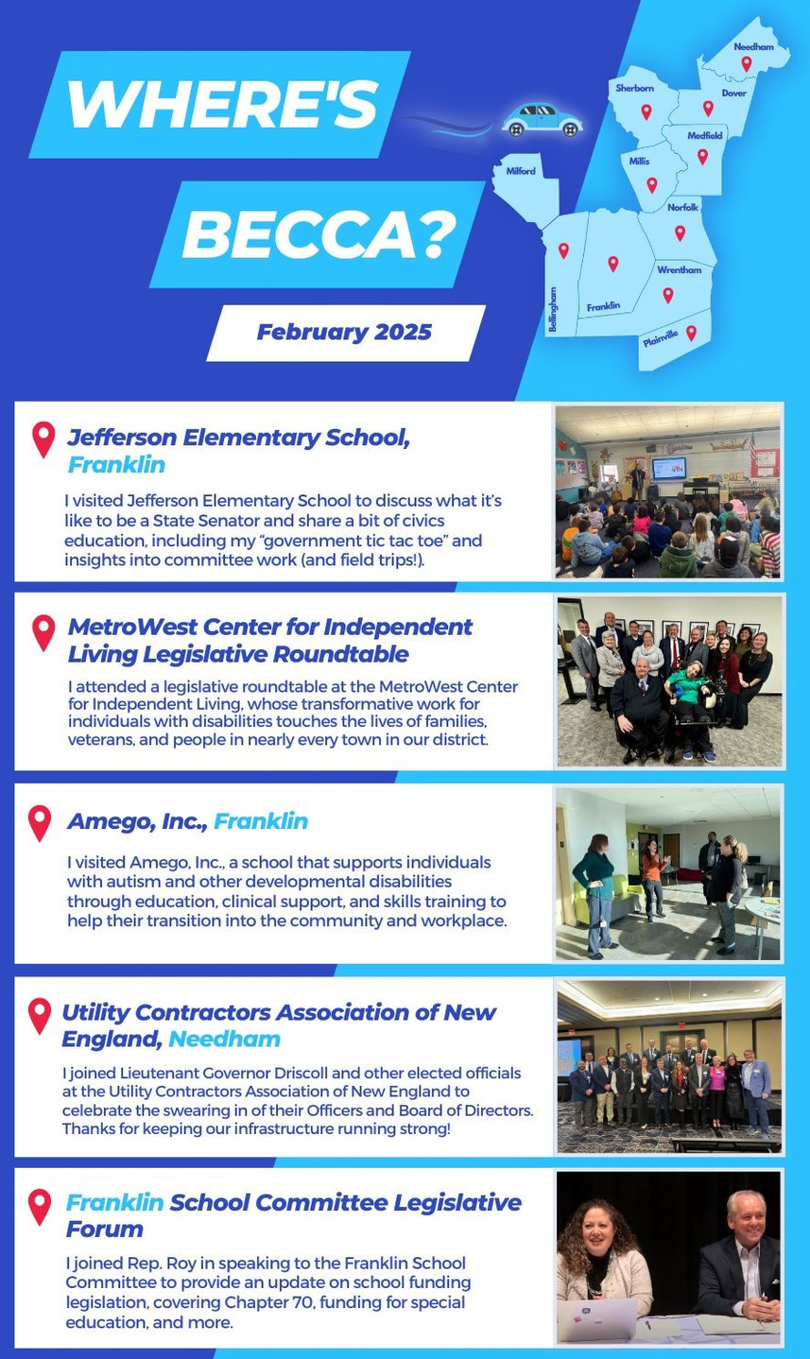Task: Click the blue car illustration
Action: click(x=542, y=119)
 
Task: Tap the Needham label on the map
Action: click(x=753, y=46)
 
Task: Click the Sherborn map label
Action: click(x=634, y=88)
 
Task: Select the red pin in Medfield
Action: click(x=702, y=157)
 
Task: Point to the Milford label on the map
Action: click(x=521, y=171)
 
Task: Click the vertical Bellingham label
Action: click(x=553, y=309)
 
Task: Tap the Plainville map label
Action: click(x=660, y=338)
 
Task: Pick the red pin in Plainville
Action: click(x=691, y=333)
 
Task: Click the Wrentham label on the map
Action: click(x=679, y=269)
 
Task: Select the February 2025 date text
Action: click(x=344, y=332)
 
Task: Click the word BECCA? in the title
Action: click(x=319, y=234)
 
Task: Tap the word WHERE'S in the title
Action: click(x=222, y=104)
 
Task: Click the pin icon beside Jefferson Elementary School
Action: click(x=43, y=439)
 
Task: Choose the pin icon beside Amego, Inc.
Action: click(x=40, y=823)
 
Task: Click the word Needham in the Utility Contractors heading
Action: click(x=225, y=1039)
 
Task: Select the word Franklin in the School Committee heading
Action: click(x=114, y=1202)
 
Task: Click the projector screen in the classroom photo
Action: click(x=668, y=469)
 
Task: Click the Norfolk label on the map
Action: click(x=682, y=208)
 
